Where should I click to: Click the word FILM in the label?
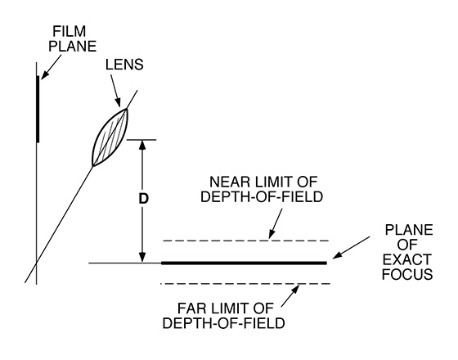(x=70, y=31)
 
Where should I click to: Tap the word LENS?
(x=124, y=65)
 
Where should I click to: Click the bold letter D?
(x=143, y=199)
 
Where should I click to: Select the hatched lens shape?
(x=110, y=137)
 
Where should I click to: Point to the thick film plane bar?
(x=38, y=109)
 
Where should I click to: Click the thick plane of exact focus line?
(x=244, y=263)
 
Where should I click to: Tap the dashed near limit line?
(x=246, y=241)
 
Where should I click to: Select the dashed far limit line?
(x=245, y=283)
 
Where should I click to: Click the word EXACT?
(x=407, y=259)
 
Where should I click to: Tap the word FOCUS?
(x=407, y=274)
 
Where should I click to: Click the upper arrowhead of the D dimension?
(x=142, y=145)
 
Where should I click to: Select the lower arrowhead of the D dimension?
(x=142, y=257)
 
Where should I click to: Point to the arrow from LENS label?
(x=115, y=90)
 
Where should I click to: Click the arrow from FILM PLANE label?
(x=51, y=67)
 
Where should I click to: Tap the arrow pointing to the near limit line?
(x=276, y=223)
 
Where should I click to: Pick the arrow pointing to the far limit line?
(x=290, y=295)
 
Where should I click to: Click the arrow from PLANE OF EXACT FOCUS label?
(x=351, y=248)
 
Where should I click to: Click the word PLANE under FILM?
(x=73, y=47)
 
